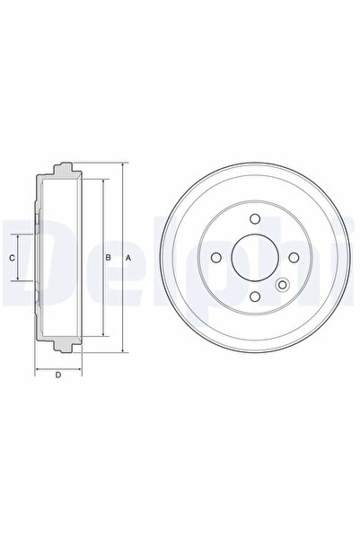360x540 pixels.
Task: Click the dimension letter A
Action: point(128,258)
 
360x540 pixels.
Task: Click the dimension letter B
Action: point(108,258)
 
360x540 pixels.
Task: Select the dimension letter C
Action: point(12,258)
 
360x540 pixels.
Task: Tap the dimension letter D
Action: point(58,375)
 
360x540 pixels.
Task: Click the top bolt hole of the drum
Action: point(255,218)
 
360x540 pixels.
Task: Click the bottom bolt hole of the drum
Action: point(255,296)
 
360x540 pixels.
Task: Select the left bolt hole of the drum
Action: point(216,257)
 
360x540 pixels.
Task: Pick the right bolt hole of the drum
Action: point(294,257)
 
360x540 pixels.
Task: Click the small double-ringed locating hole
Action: point(282,285)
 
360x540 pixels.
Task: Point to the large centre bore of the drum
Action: point(255,257)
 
